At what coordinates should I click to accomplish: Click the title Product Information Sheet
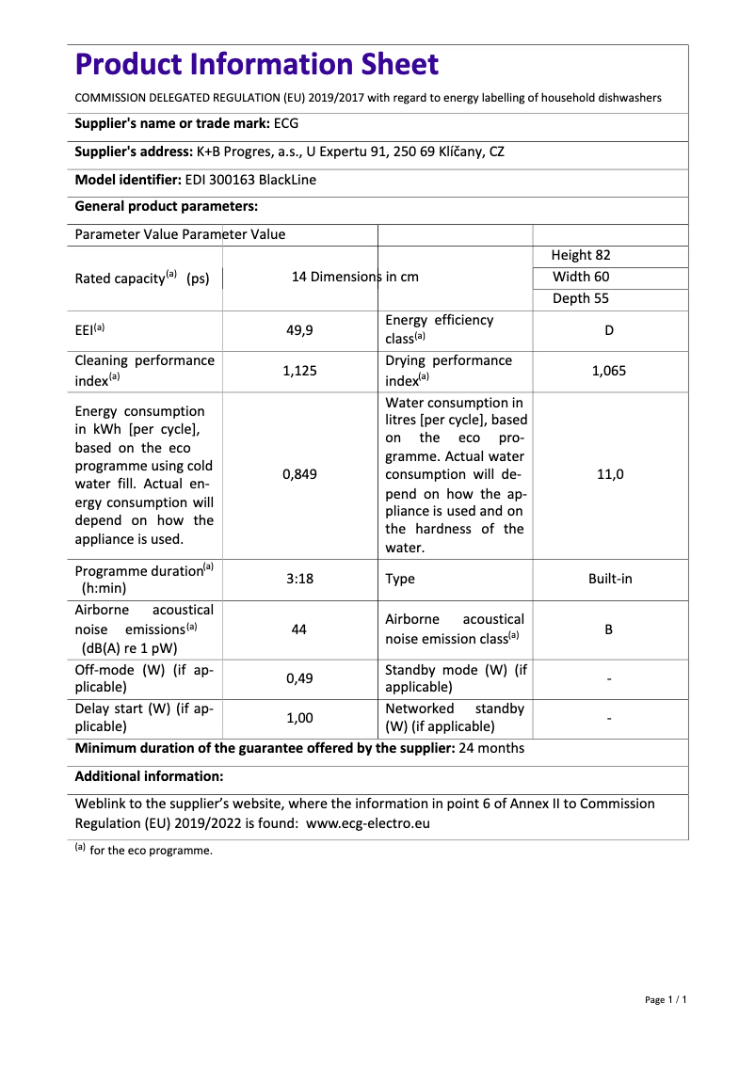pos(256,65)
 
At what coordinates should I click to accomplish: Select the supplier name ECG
pos(286,123)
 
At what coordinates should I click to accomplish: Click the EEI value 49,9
pos(299,330)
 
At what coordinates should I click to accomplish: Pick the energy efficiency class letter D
pos(610,330)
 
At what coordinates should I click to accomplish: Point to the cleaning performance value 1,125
pos(299,371)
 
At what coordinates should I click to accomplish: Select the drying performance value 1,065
pos(609,371)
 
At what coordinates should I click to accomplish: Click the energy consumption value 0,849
pos(299,475)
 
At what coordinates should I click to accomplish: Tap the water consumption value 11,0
pos(610,475)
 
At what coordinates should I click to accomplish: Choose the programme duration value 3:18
pos(299,579)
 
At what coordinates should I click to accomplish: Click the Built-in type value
pos(610,579)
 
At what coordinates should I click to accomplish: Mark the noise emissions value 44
pos(299,629)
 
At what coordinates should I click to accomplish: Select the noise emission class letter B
pos(609,629)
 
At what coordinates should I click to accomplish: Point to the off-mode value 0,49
pos(299,678)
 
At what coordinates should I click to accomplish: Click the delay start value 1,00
pos(299,718)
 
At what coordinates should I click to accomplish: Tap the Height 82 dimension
pos(581,255)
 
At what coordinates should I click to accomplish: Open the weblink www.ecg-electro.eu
pos(368,822)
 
